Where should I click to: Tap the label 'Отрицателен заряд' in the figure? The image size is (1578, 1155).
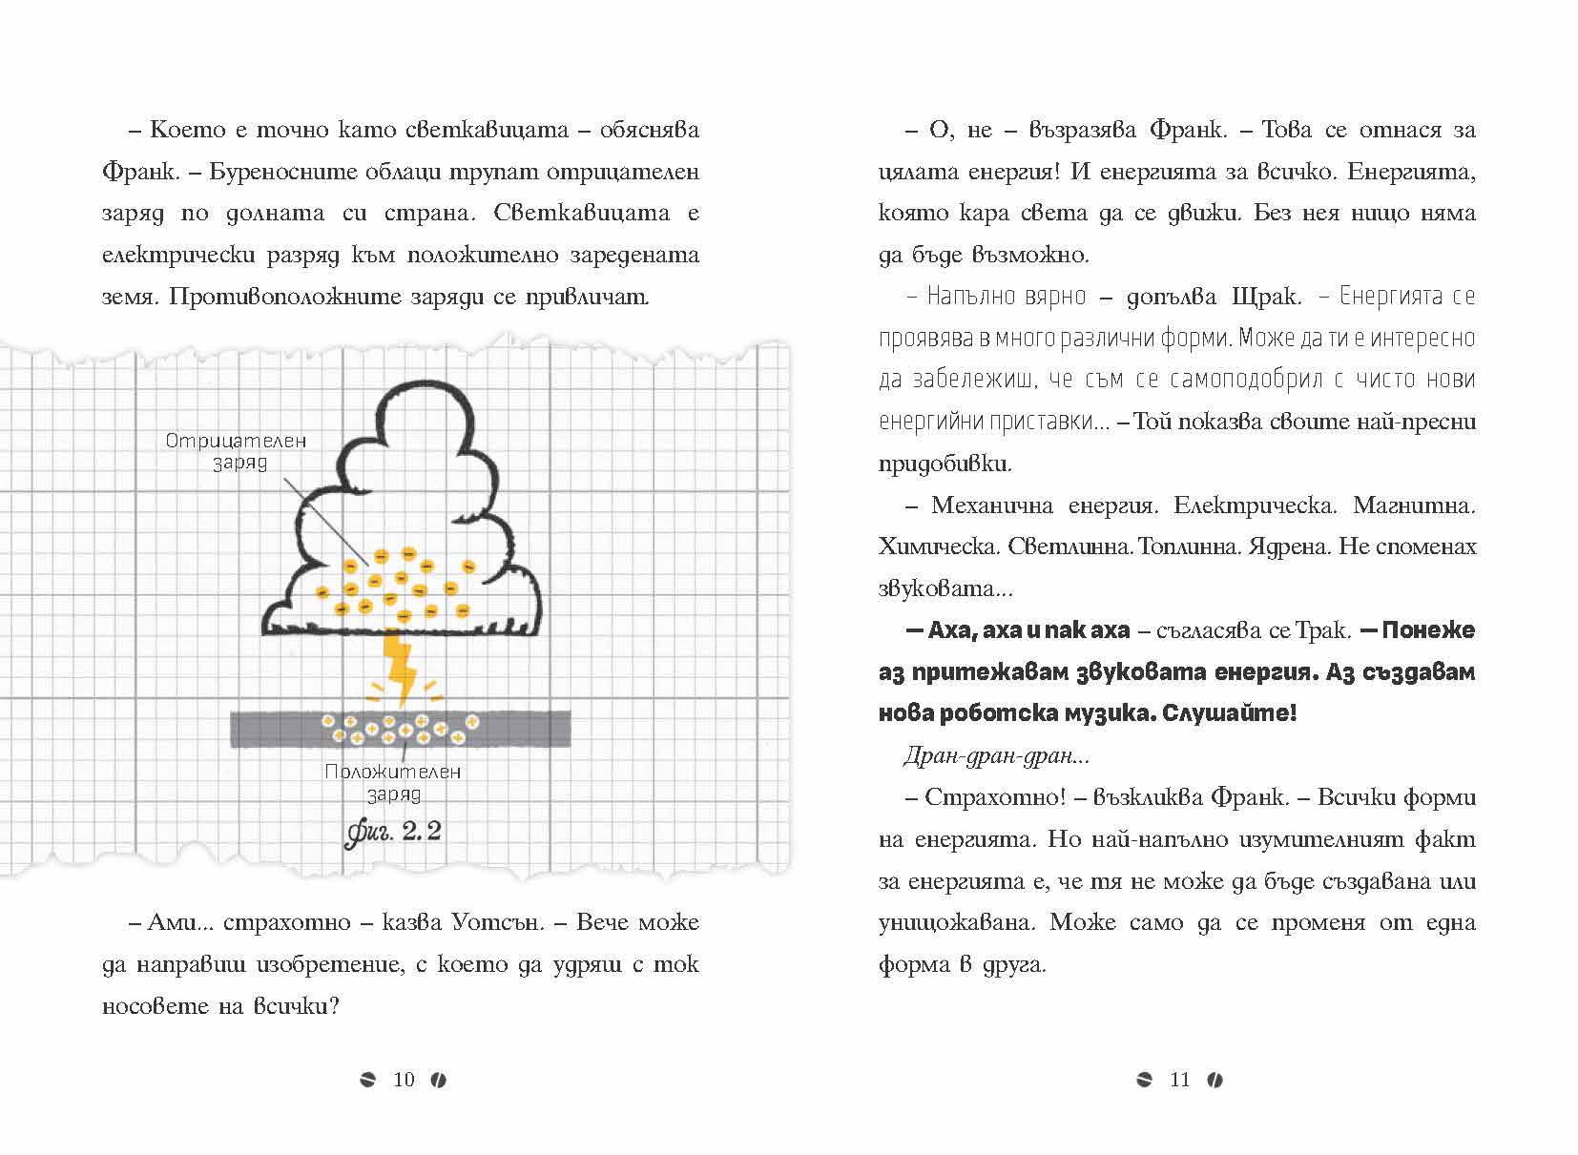(x=236, y=451)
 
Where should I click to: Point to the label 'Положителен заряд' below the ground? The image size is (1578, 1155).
(x=393, y=782)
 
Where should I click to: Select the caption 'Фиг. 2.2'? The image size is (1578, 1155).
(x=393, y=832)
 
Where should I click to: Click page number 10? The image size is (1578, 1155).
(x=404, y=1079)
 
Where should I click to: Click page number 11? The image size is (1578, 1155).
(x=1179, y=1079)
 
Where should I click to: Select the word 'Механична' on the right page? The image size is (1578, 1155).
(x=991, y=505)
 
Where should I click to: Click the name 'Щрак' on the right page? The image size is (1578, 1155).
(x=1265, y=297)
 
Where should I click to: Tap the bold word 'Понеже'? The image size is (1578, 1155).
(x=1428, y=630)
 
